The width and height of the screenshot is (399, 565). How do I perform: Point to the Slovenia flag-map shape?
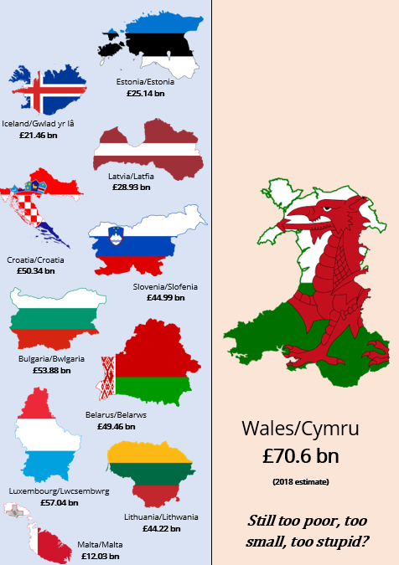pos(138,243)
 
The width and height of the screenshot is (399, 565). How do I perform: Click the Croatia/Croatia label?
pos(35,259)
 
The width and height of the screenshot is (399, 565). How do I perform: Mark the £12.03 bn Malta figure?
pos(101,556)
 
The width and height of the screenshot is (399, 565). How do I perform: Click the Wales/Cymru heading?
pos(300,429)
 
